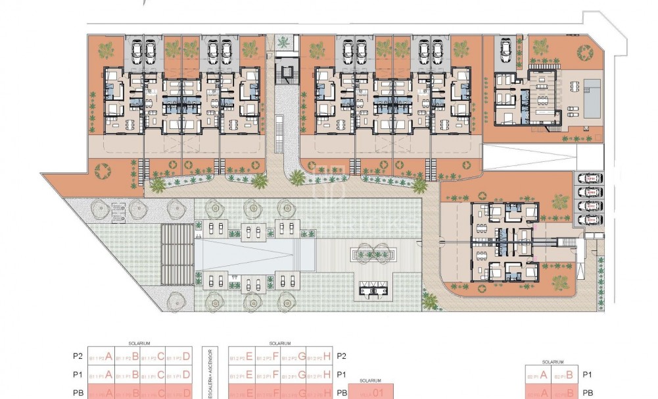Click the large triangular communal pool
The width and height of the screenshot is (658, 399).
[253, 253]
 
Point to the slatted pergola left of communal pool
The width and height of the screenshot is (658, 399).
[174, 253]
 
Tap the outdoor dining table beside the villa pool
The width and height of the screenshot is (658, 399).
[575, 86]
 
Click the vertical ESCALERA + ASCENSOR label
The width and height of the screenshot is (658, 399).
[210, 373]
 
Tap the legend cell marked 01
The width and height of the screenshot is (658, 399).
[371, 393]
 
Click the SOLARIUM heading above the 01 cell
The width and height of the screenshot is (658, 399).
[371, 381]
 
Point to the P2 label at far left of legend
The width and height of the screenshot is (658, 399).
[78, 356]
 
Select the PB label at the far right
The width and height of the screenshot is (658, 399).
[588, 392]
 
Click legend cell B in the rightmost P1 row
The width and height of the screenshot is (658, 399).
[565, 375]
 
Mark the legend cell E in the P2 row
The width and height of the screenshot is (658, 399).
[241, 357]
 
